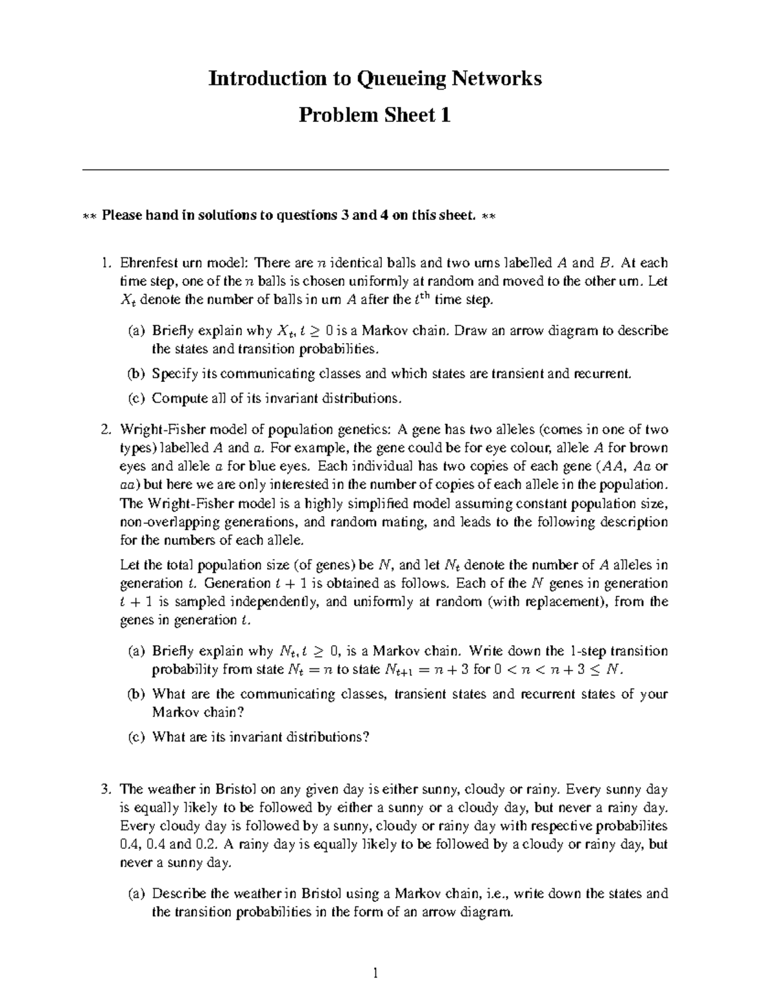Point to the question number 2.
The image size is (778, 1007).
(106, 429)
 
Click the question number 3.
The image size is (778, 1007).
(106, 789)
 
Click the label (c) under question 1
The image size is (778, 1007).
(136, 398)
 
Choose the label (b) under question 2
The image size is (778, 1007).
(136, 694)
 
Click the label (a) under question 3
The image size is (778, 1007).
(136, 894)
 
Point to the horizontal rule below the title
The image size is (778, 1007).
(375, 170)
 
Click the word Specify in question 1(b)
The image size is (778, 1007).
(172, 373)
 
